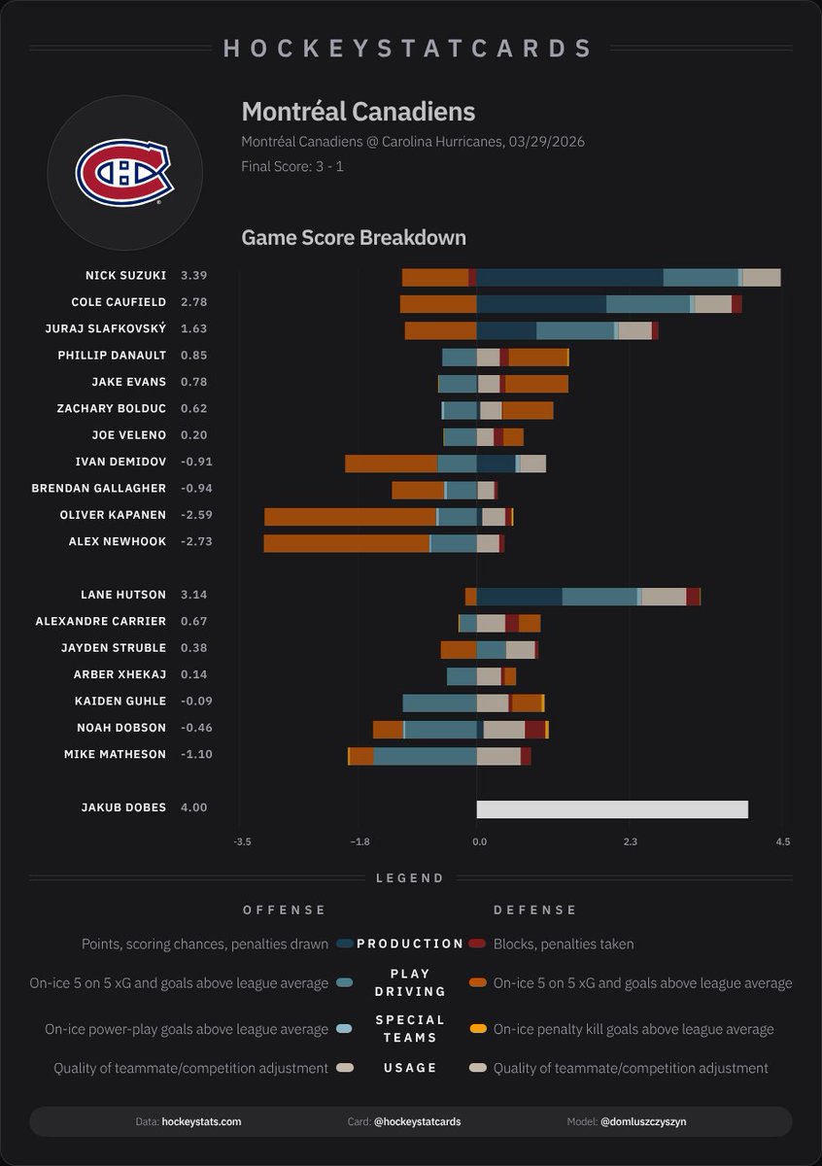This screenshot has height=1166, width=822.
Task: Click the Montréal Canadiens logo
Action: (x=124, y=173)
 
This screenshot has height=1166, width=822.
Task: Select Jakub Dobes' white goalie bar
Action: (x=611, y=808)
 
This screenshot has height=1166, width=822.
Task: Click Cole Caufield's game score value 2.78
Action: (x=193, y=302)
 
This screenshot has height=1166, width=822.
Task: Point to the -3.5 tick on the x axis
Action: (x=243, y=841)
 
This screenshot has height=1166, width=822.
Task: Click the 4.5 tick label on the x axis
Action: (x=783, y=841)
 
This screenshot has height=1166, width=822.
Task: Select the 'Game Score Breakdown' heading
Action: (x=353, y=237)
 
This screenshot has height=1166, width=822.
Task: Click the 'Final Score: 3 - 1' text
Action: (x=291, y=166)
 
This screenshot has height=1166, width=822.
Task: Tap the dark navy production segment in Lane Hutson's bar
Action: (x=519, y=597)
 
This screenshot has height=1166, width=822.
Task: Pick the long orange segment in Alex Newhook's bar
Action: (x=346, y=543)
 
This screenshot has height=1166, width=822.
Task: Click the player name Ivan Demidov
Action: (x=120, y=462)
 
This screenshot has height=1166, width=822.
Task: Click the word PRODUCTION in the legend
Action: (x=410, y=943)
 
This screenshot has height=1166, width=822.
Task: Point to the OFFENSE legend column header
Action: (x=284, y=910)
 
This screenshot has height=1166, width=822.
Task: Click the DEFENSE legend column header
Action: (x=535, y=910)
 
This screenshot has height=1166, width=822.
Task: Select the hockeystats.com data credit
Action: (x=201, y=1121)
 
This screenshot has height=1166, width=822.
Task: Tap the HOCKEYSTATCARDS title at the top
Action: (x=408, y=49)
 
